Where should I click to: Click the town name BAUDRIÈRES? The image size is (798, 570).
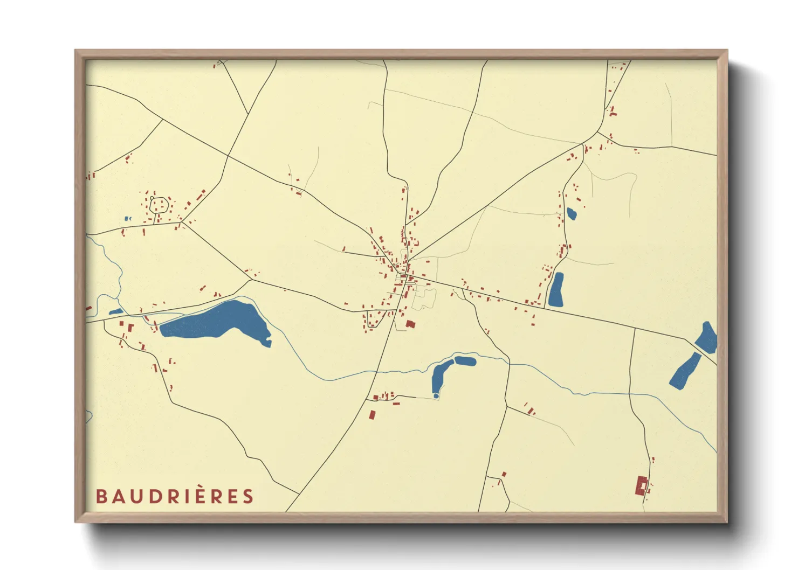pyautogui.click(x=174, y=496)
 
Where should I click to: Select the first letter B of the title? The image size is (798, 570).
pyautogui.click(x=101, y=496)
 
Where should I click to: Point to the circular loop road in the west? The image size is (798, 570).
pyautogui.click(x=159, y=204)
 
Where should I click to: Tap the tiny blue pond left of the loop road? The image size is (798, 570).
pyautogui.click(x=127, y=218)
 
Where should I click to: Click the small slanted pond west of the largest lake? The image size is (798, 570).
pyautogui.click(x=116, y=311)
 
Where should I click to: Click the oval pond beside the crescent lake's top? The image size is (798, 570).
pyautogui.click(x=465, y=360)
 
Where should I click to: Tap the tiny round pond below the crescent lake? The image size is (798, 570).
pyautogui.click(x=436, y=396)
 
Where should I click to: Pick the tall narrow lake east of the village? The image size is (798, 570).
pyautogui.click(x=555, y=290)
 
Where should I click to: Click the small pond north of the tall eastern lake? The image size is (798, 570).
pyautogui.click(x=571, y=214)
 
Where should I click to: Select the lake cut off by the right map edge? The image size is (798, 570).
pyautogui.click(x=707, y=338)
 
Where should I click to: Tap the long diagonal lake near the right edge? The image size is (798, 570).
pyautogui.click(x=685, y=371)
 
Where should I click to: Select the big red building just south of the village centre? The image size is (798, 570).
pyautogui.click(x=410, y=324)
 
